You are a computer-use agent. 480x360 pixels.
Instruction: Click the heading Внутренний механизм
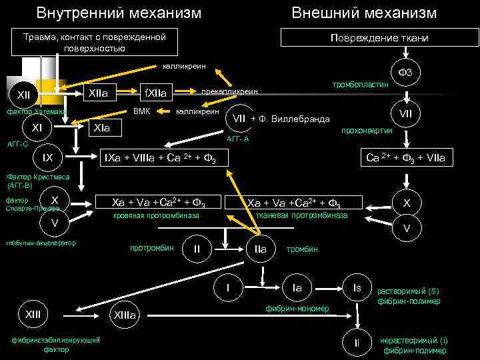(119, 13)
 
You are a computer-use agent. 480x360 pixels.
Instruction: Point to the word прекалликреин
(229, 91)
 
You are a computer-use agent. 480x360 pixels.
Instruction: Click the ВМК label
(142, 110)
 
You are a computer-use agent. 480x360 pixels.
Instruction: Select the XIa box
(102, 126)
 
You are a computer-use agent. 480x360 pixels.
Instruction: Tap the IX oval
(47, 158)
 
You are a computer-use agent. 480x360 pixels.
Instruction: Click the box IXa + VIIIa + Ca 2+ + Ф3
(163, 158)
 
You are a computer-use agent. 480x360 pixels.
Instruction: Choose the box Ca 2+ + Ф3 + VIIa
(407, 158)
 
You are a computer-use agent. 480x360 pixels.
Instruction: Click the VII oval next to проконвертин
(405, 115)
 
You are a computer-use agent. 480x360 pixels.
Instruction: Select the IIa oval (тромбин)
(260, 249)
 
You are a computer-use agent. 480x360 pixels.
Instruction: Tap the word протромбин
(151, 248)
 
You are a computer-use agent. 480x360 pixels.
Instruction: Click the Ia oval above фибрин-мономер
(297, 287)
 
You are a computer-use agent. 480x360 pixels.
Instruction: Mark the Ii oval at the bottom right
(357, 343)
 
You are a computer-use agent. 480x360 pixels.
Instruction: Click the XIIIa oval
(124, 315)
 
